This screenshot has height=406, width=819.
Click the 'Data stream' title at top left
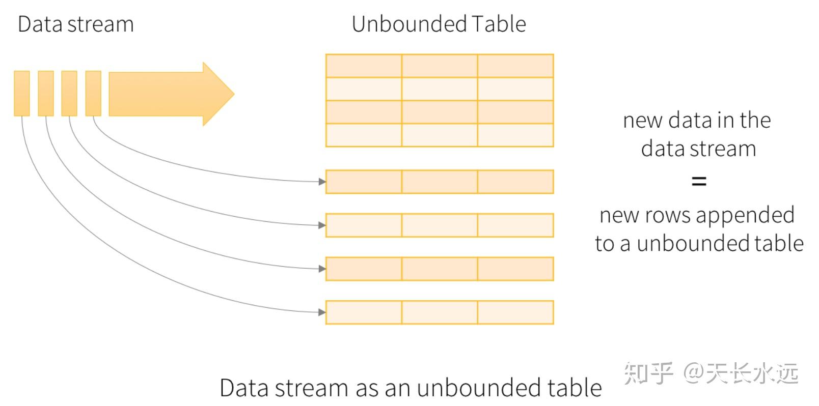[75, 24]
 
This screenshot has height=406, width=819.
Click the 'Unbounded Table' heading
[439, 24]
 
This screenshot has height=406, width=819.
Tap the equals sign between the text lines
[699, 181]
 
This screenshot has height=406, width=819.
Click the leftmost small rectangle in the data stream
[22, 93]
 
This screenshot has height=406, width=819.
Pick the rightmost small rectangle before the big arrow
[93, 93]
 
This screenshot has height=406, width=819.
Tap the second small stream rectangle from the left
[46, 93]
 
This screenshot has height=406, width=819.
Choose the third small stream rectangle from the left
[69, 93]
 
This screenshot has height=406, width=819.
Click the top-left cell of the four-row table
[364, 66]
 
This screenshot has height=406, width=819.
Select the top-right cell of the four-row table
[515, 66]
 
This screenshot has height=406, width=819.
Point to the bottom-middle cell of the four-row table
[440, 135]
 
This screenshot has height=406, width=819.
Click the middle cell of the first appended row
[440, 182]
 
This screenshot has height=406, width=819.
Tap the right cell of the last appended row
[515, 312]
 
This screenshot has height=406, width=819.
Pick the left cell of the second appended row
[364, 225]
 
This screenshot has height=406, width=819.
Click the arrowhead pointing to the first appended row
[322, 182]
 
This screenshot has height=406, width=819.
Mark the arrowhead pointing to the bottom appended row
[322, 312]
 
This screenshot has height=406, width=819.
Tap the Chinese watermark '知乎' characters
[648, 373]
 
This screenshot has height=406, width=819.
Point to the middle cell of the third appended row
[440, 269]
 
